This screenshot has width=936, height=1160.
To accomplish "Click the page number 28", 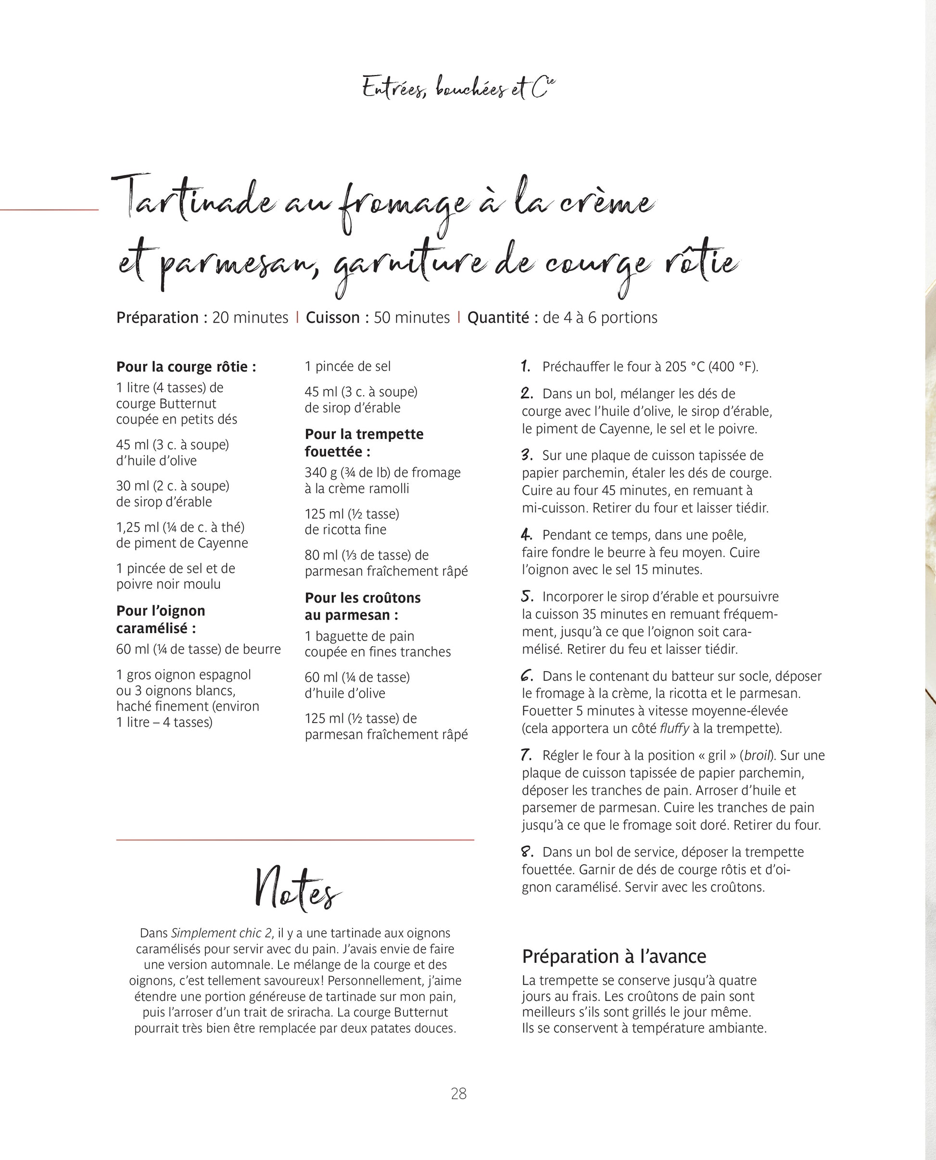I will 458,1093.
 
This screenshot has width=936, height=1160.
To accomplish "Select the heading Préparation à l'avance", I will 614,956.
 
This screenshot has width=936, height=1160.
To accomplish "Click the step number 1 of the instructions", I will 526,366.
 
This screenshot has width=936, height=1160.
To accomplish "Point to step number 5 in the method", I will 527,597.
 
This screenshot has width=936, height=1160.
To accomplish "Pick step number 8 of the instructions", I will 527,852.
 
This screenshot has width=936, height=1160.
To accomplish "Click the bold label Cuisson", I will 332,317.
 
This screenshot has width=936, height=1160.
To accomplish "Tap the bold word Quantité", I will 498,317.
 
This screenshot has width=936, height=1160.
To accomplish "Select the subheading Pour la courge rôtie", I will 186,367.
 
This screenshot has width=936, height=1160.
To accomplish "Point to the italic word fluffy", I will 674,728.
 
